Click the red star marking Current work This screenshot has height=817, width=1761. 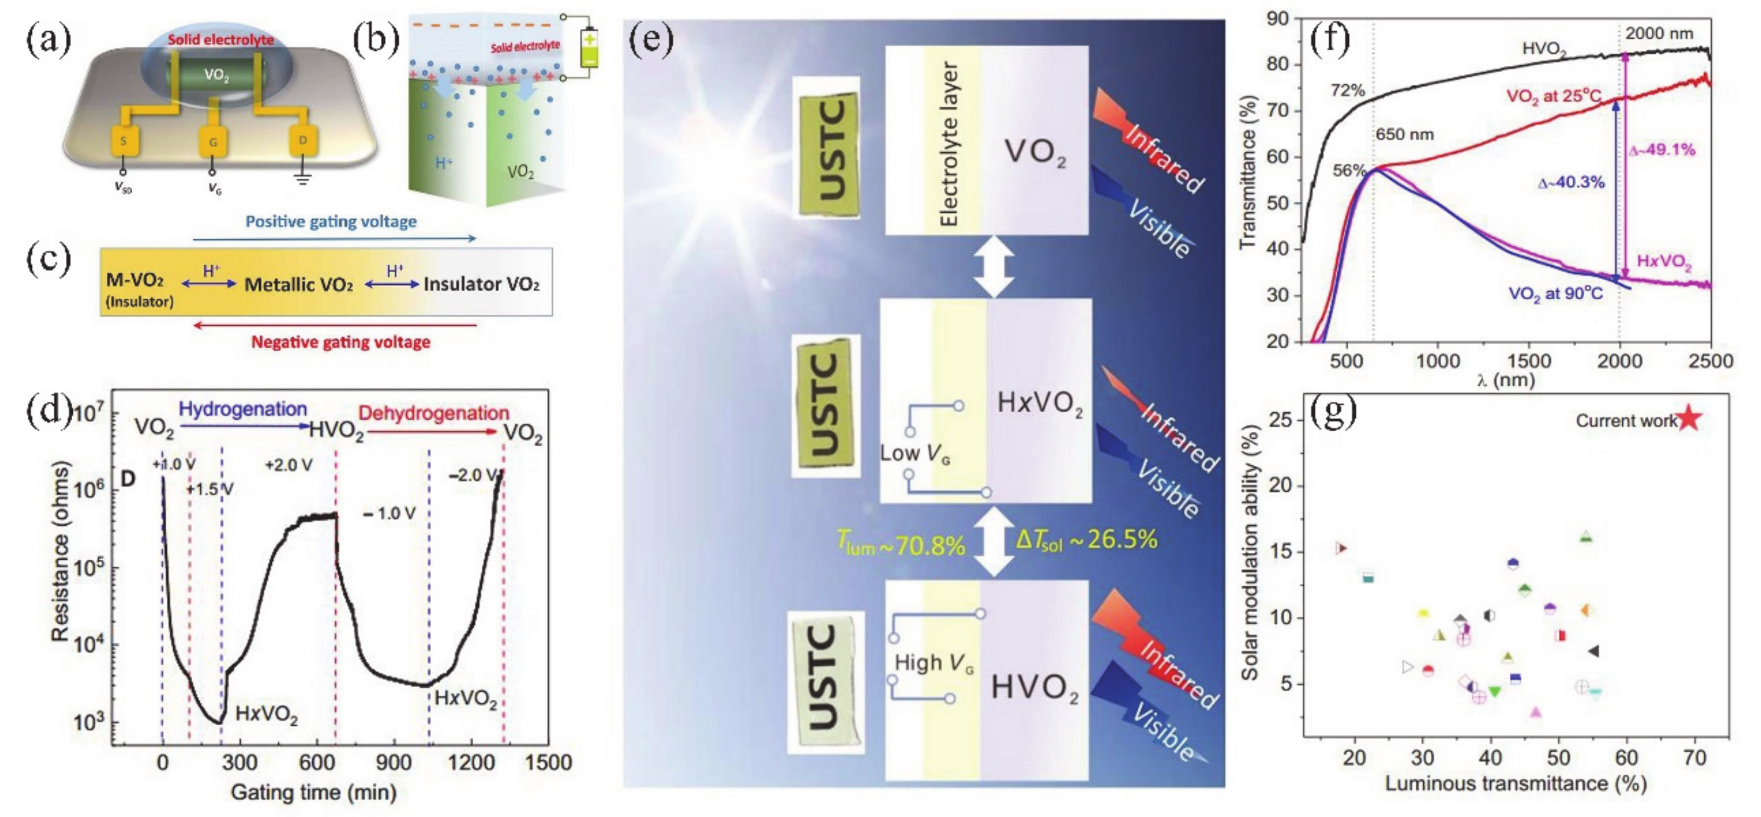[x=1689, y=418]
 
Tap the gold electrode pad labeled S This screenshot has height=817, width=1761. [x=124, y=142]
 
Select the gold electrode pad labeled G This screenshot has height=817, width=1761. [x=212, y=142]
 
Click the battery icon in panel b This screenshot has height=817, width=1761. [x=588, y=47]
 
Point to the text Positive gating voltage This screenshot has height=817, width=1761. [x=331, y=221]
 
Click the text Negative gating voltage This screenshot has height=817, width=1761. [x=340, y=342]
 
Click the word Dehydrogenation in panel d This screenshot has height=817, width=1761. [x=433, y=413]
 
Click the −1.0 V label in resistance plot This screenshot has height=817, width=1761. [x=388, y=513]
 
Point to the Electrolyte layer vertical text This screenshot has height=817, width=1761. [x=950, y=143]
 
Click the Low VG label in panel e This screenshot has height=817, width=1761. [x=914, y=454]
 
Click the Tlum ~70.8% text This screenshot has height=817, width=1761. [x=901, y=544]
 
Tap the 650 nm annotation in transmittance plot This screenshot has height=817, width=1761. [x=1404, y=135]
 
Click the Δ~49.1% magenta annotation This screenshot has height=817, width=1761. [x=1661, y=150]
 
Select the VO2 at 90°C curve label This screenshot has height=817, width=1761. [x=1555, y=294]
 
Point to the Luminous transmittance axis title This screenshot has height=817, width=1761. [x=1515, y=784]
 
